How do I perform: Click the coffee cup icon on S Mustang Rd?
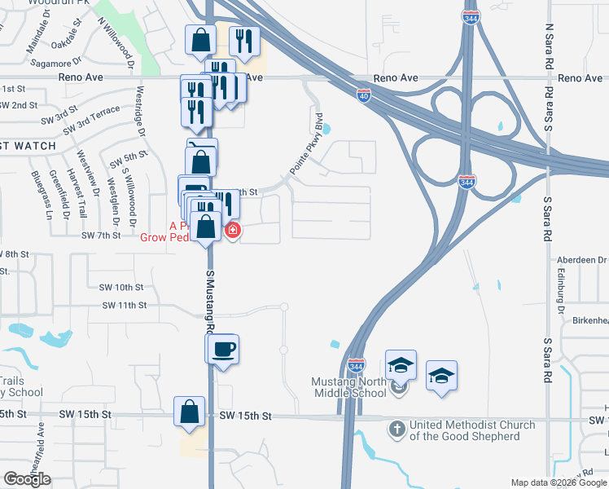(221, 350)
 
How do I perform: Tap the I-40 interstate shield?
(364, 95)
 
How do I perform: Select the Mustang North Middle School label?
(349, 387)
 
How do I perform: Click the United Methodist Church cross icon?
(397, 429)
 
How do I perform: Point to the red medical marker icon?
(232, 231)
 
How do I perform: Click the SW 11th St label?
(124, 305)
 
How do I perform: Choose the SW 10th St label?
(120, 287)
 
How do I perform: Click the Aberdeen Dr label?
(582, 259)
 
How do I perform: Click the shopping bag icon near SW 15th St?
(189, 412)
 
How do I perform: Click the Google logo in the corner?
(27, 479)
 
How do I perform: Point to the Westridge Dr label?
(141, 111)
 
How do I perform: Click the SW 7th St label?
(101, 235)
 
